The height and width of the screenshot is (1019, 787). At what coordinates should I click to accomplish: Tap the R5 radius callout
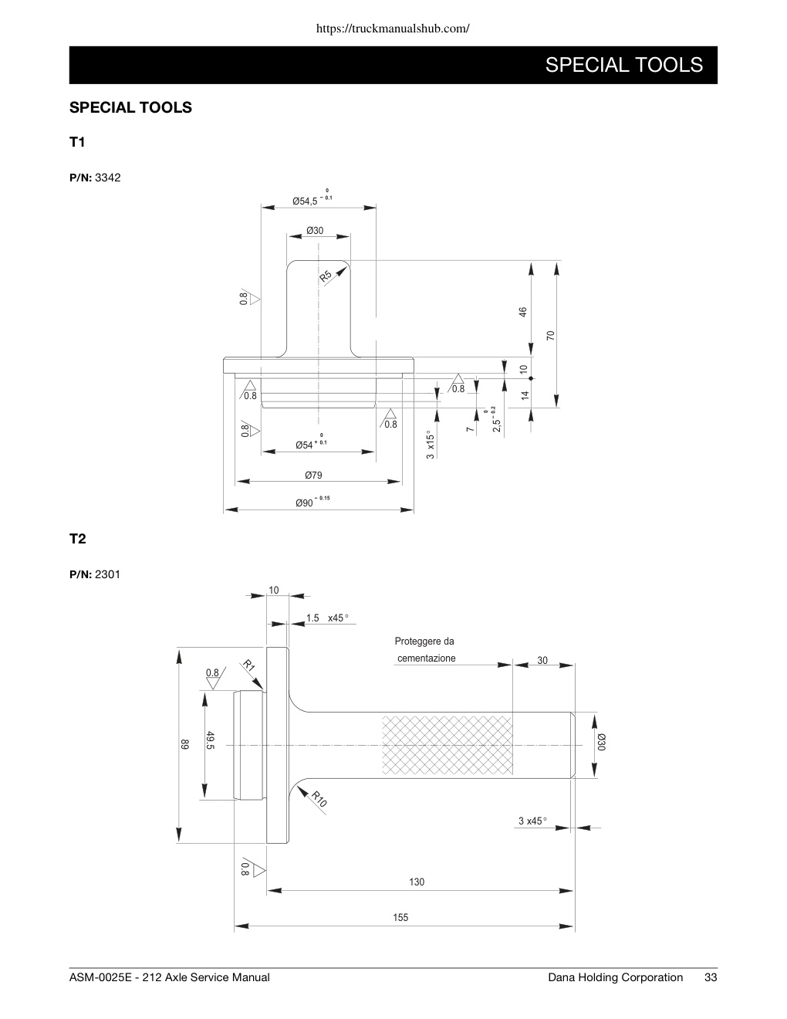[x=326, y=276]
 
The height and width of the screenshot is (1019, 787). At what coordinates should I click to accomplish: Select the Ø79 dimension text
[x=313, y=475]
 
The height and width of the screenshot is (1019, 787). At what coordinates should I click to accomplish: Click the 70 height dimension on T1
[x=550, y=335]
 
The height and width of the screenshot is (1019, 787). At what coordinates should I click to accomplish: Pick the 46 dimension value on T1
[x=523, y=312]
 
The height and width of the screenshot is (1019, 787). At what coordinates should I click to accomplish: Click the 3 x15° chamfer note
[x=431, y=445]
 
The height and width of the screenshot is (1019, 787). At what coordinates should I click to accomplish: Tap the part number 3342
[x=108, y=178]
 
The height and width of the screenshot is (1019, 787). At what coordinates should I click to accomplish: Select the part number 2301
[x=108, y=574]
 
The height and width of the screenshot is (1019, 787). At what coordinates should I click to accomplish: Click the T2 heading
[x=78, y=539]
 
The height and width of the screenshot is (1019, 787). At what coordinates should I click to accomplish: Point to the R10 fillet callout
[x=319, y=798]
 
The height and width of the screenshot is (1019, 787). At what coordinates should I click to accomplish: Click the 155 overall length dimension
[x=400, y=917]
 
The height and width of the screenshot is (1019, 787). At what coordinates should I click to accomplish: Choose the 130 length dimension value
[x=417, y=882]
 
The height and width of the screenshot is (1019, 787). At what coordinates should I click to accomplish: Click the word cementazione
[x=427, y=658]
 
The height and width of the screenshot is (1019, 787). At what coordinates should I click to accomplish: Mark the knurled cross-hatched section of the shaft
[x=448, y=745]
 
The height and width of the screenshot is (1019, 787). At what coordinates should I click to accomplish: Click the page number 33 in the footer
[x=711, y=977]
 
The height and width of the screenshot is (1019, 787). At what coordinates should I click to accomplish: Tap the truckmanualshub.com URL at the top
[x=393, y=29]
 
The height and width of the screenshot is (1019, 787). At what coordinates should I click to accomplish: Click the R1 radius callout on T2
[x=248, y=665]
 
